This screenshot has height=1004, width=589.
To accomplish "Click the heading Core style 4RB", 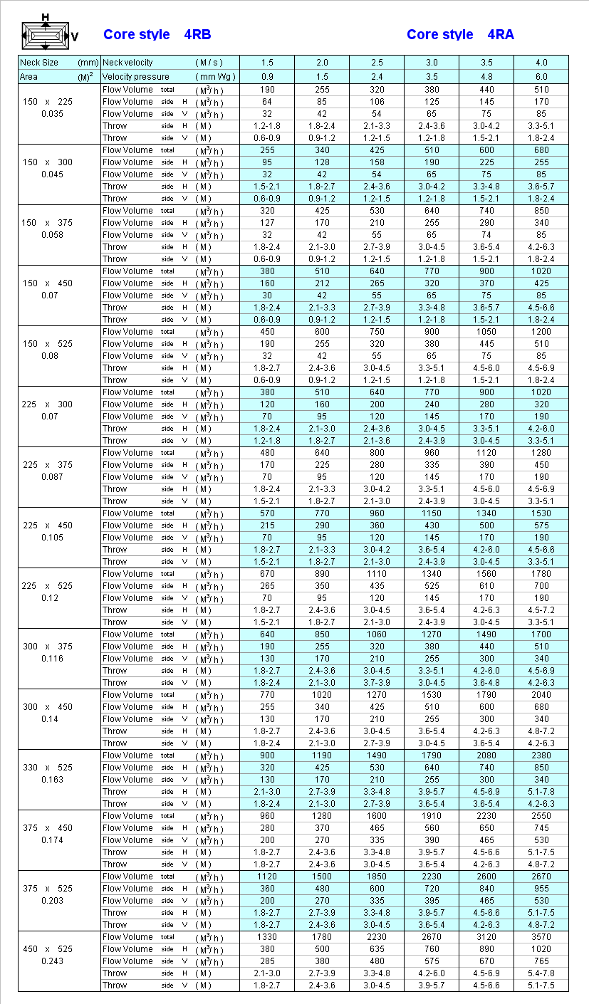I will point(157,34).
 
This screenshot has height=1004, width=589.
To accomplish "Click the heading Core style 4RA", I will point(460,34).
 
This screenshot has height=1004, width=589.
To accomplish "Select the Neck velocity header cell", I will point(170,63).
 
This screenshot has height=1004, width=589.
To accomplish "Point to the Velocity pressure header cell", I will point(170,76).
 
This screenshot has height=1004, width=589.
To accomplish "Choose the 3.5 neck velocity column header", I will point(486,63).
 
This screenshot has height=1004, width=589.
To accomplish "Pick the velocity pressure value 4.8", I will point(486,76).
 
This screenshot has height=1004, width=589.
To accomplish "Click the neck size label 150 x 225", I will point(47,102).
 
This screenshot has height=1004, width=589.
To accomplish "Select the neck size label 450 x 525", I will point(47,949).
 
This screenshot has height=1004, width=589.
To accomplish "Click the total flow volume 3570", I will point(541,937).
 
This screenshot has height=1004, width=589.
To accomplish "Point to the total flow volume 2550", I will point(541,816).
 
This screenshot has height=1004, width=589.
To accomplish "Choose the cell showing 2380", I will point(541,755).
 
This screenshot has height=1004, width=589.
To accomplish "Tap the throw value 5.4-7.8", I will point(541,973).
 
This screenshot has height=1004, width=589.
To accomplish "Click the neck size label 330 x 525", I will point(47,768).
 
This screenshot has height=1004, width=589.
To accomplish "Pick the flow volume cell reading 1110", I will point(377,574).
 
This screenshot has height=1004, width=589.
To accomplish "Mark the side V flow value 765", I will point(541,961).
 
